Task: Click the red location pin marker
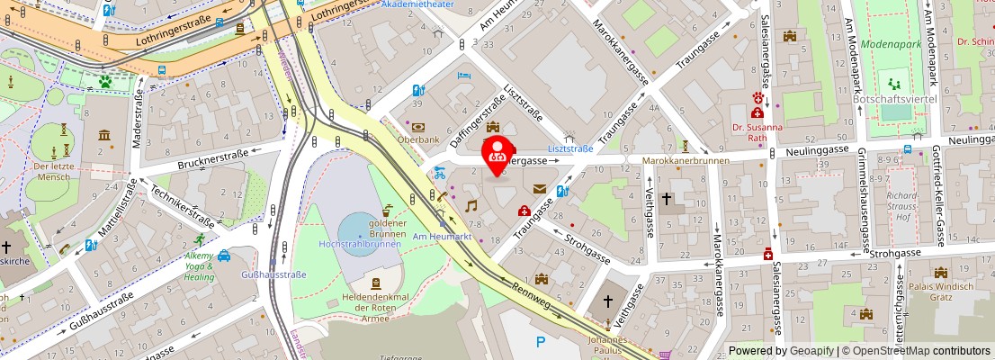[x=497, y=153]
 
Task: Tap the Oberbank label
[x=420, y=139]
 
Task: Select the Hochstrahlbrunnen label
[x=359, y=243]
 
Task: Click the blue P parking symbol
[x=541, y=341]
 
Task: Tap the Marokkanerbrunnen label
[x=686, y=161]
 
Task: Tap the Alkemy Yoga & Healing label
[x=200, y=266]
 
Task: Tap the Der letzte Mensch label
[x=51, y=171]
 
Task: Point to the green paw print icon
[x=105, y=81]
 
